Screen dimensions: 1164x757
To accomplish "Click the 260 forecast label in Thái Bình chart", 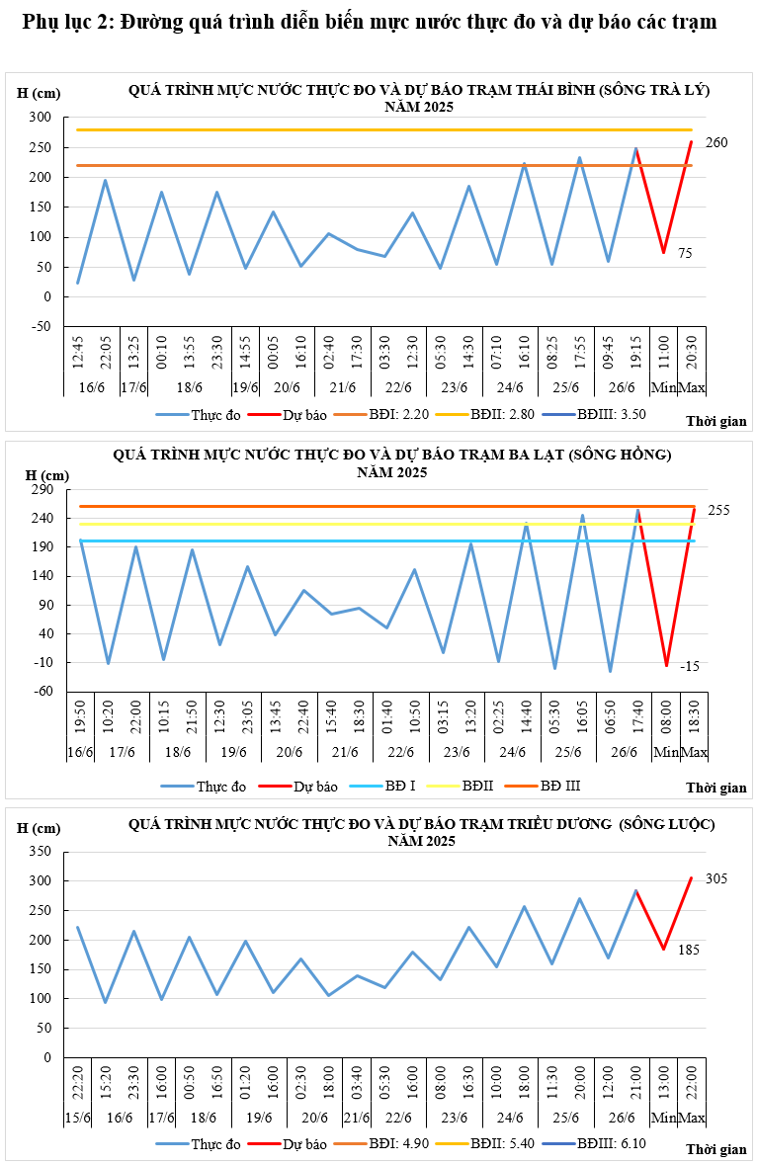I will pyautogui.click(x=716, y=143).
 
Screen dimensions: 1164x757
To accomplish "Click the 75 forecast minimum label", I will pyautogui.click(x=685, y=253).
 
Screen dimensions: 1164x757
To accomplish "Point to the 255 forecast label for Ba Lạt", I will pyautogui.click(x=718, y=510).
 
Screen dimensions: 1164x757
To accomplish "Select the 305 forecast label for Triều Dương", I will pyautogui.click(x=716, y=878).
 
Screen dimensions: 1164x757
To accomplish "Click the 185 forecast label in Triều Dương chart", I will pyautogui.click(x=689, y=950).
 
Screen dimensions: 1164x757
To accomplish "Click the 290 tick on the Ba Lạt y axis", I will pyautogui.click(x=42, y=490).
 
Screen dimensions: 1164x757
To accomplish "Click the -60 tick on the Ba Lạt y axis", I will pyautogui.click(x=42, y=691).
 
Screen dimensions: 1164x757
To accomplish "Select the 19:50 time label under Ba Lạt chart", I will pyautogui.click(x=80, y=721).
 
